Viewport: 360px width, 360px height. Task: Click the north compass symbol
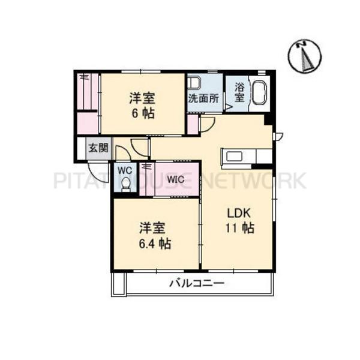click(305, 56)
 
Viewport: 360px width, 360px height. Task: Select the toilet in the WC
click(125, 185)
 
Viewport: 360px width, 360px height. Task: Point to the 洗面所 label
click(203, 99)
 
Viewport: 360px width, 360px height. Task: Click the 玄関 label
click(98, 148)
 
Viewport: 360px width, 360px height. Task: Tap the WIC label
click(176, 179)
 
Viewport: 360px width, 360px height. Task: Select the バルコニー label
click(197, 283)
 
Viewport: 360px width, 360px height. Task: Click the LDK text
click(239, 214)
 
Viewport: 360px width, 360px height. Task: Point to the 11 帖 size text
click(240, 228)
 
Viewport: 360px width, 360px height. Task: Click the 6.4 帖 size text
click(155, 244)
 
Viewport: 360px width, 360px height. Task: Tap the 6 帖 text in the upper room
click(143, 113)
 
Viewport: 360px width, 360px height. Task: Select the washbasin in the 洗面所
click(194, 83)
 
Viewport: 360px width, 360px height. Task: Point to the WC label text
click(125, 170)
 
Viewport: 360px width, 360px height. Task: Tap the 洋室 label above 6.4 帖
click(152, 228)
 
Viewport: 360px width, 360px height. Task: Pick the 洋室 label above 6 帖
click(142, 98)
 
